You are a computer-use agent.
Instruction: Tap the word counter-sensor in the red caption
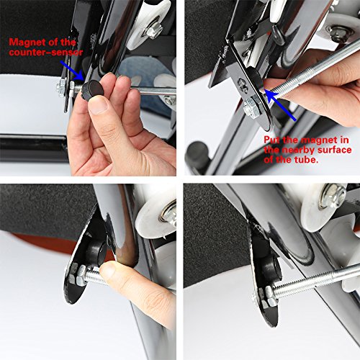(x=46, y=53)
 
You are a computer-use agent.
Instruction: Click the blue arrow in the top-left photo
(x=72, y=71)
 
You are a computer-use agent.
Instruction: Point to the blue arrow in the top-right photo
(x=280, y=105)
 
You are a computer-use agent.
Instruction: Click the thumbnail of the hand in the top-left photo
(x=98, y=104)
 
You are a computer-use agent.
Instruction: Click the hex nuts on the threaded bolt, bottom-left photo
(x=78, y=275)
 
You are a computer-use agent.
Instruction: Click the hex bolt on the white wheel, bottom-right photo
(x=334, y=196)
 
